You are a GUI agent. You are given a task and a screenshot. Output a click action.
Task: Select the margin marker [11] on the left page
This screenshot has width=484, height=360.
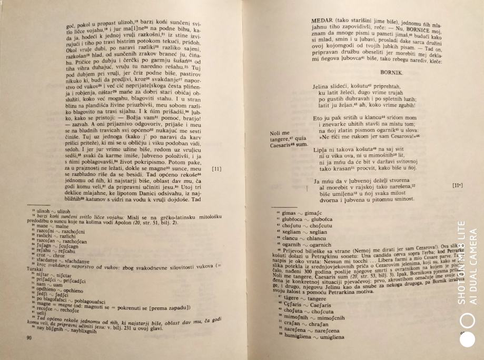pos(216,169)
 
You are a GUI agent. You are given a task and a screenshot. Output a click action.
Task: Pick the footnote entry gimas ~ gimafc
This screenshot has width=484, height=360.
pos(296,213)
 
